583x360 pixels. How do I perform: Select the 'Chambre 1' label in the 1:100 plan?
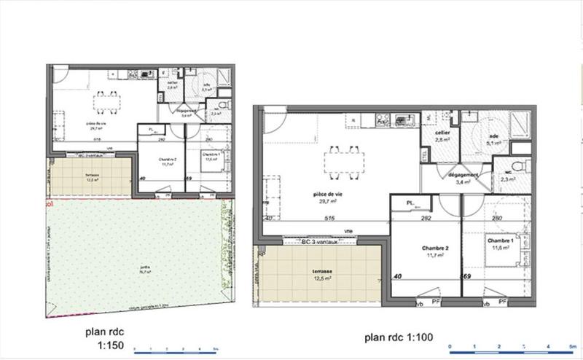coord(501,241)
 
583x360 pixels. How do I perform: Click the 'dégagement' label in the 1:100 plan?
coord(463,176)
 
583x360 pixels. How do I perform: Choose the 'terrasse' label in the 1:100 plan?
coord(316,270)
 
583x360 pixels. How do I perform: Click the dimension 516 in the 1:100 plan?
coord(328,218)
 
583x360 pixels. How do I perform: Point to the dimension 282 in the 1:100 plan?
coord(427,218)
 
